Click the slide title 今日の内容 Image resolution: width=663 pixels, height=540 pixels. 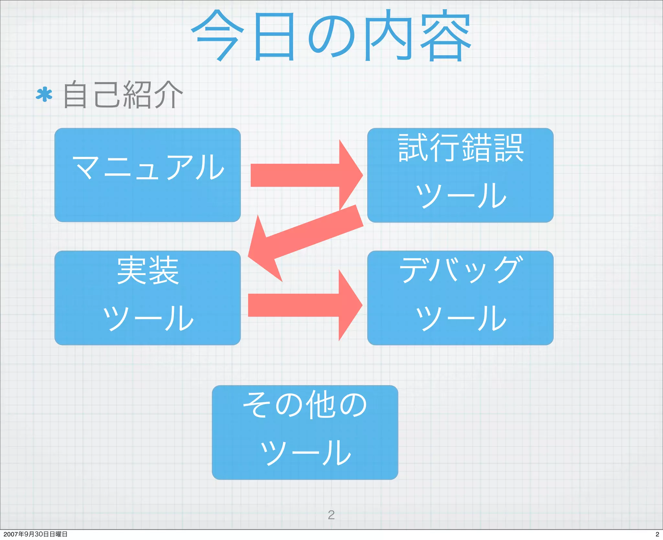tap(331, 36)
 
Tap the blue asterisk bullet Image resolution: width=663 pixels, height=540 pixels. tap(44, 95)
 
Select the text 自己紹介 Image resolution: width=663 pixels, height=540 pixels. tap(123, 94)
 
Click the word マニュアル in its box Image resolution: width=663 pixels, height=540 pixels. tap(148, 167)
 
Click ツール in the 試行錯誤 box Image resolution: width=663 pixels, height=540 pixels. tap(460, 195)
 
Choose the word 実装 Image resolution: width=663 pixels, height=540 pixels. tap(148, 270)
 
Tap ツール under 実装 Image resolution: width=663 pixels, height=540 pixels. tap(148, 318)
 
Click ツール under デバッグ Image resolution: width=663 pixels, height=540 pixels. tap(460, 318)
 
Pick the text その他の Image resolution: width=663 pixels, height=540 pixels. tap(305, 404)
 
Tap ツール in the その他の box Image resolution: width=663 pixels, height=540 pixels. tap(305, 452)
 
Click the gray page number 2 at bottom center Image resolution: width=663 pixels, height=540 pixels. tap(331, 514)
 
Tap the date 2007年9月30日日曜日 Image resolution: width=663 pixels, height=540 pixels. tap(35, 534)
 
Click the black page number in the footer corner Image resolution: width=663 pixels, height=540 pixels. tap(657, 534)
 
